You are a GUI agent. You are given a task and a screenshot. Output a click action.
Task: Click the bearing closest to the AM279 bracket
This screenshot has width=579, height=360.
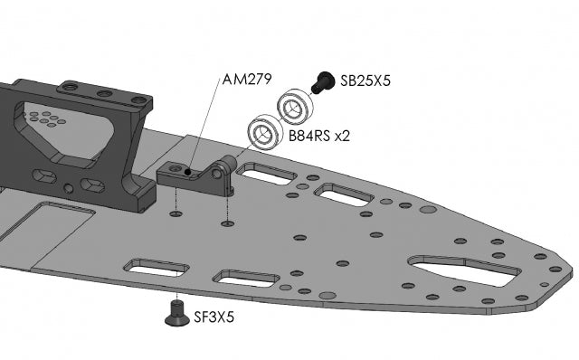[264, 132]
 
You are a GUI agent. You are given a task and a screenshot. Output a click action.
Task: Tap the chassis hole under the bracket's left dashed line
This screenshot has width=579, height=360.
[176, 214]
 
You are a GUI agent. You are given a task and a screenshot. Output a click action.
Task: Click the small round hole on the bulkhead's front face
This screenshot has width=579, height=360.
[70, 189]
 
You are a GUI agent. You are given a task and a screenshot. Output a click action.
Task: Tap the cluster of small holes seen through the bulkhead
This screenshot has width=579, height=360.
[43, 118]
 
